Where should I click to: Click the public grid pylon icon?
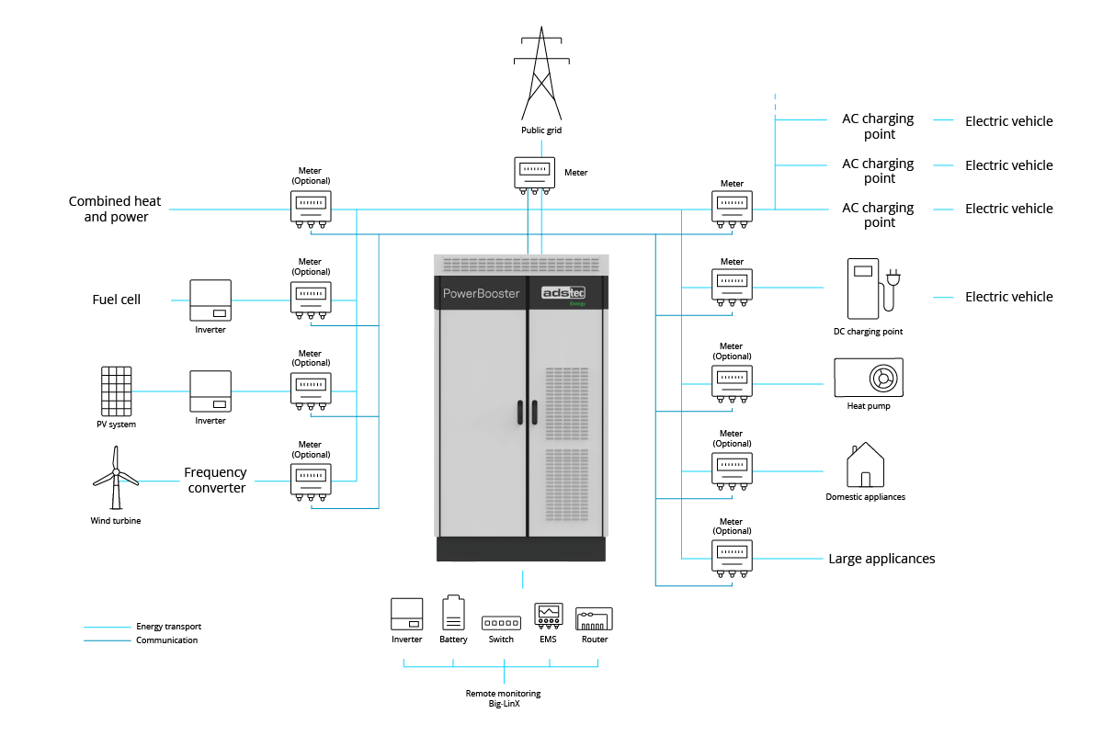[541, 73]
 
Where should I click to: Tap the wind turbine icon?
[116, 478]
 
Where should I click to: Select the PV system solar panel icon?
[116, 391]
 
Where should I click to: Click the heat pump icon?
[869, 377]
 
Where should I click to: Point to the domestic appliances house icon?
[865, 465]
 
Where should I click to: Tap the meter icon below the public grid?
[534, 176]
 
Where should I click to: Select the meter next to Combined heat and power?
[311, 209]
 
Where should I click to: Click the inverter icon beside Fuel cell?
[210, 300]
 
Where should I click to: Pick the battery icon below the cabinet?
[453, 613]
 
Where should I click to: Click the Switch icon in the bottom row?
[501, 623]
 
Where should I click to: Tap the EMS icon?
[549, 616]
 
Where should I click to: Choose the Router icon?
[595, 618]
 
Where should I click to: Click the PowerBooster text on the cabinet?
[481, 293]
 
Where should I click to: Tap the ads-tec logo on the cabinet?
[563, 293]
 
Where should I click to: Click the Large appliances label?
[881, 559]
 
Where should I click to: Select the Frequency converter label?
[215, 480]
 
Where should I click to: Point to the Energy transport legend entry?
[142, 627]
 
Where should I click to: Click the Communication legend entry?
[141, 640]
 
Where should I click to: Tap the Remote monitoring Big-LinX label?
[504, 698]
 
